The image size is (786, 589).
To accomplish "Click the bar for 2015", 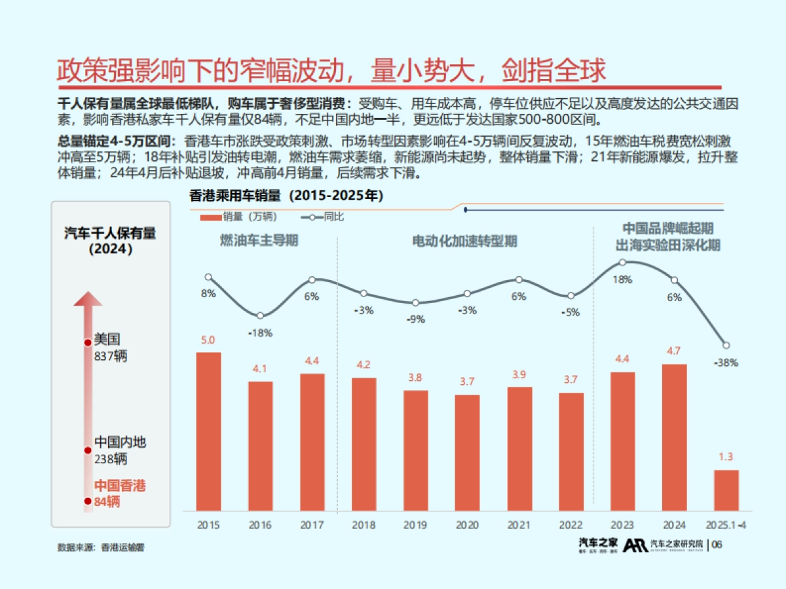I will (208, 432).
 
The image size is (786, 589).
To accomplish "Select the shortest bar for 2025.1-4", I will (726, 490).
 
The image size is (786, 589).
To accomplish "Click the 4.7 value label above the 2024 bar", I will (674, 351).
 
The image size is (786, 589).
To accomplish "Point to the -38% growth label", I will (726, 363).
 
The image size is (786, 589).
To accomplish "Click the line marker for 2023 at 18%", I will (622, 262).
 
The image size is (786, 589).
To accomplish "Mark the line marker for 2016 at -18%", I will (260, 316).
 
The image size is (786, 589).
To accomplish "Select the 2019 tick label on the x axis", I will (415, 525).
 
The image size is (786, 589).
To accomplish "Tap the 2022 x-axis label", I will (571, 525).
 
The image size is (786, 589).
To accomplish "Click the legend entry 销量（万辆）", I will (239, 217).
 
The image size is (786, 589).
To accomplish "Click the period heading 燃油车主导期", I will (259, 241).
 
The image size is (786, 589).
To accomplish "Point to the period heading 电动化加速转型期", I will (464, 241).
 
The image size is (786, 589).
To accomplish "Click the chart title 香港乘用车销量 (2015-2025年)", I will (286, 195).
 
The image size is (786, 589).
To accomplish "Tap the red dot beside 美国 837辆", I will (87, 342).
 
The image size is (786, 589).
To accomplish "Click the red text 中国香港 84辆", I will (120, 493).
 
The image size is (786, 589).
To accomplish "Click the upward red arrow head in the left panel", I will (88, 299).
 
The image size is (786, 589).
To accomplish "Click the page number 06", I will (717, 545).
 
